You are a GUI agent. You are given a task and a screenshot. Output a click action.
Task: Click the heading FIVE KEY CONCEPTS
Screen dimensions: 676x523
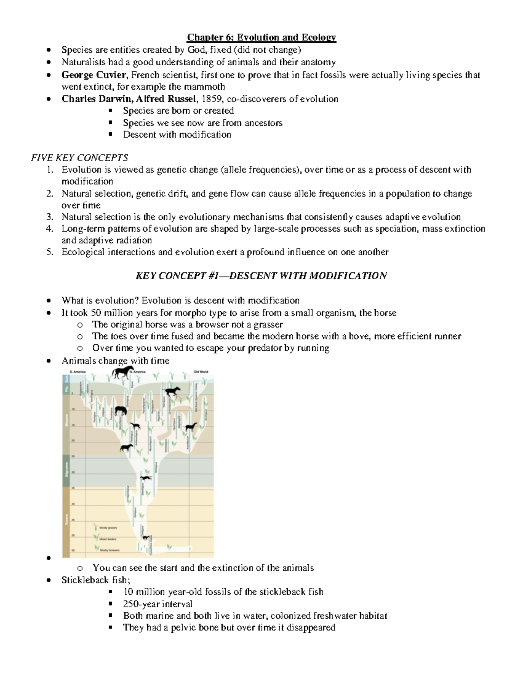point(79,158)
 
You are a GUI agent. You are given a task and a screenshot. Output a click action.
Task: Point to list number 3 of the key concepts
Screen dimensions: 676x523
point(50,217)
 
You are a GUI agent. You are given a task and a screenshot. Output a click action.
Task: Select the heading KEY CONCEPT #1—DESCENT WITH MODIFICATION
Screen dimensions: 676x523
point(261,276)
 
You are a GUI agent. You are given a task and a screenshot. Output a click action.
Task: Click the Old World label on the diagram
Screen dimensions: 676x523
point(201,372)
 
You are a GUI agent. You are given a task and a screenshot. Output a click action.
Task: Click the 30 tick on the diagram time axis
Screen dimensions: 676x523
point(73,472)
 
